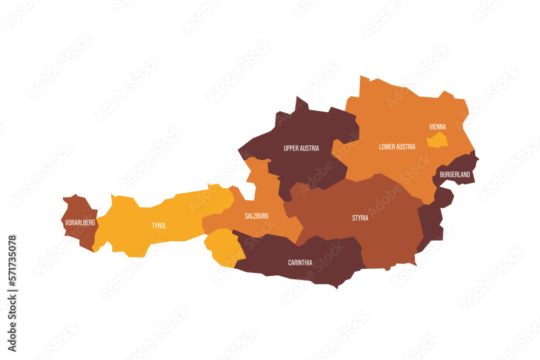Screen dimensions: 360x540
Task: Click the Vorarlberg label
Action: click(80, 222)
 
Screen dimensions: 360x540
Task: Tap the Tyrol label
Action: click(159, 226)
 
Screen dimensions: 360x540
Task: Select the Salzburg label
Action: click(256, 216)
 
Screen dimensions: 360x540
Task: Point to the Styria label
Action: click(360, 218)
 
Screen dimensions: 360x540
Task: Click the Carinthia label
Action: click(300, 263)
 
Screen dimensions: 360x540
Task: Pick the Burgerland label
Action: click(455, 175)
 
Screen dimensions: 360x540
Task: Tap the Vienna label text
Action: click(437, 127)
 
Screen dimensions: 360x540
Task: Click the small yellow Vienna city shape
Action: click(437, 141)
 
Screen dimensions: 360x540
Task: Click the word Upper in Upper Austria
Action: click(292, 148)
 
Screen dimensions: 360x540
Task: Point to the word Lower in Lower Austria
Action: click(387, 146)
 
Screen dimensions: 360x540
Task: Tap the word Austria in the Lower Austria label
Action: click(406, 146)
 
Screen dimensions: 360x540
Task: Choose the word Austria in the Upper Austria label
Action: click(310, 148)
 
